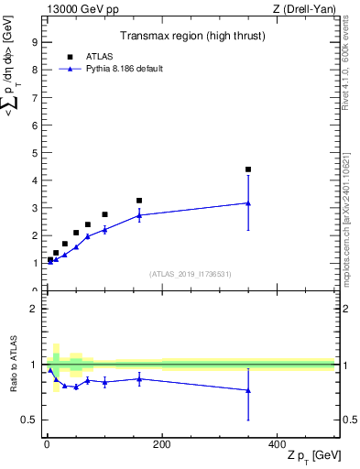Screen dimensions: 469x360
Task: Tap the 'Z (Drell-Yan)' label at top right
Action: pos(304,8)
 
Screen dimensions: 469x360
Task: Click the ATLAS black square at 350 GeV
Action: pos(248,169)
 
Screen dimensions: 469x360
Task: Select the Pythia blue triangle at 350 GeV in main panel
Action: pos(248,203)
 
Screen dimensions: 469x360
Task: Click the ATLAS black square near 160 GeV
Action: pos(139,201)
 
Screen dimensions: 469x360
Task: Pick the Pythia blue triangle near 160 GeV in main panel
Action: pos(139,215)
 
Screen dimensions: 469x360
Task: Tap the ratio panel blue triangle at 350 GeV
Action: pos(248,391)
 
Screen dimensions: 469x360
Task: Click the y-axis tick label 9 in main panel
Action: pos(34,42)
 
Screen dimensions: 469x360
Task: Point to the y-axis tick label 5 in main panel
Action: pos(34,152)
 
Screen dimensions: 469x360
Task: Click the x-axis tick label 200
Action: pos(161,443)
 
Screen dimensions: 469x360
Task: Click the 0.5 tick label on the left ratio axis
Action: pos(28,420)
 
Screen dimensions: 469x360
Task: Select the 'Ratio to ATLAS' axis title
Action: pos(12,365)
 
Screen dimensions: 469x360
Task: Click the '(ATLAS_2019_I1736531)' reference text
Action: pos(190,274)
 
